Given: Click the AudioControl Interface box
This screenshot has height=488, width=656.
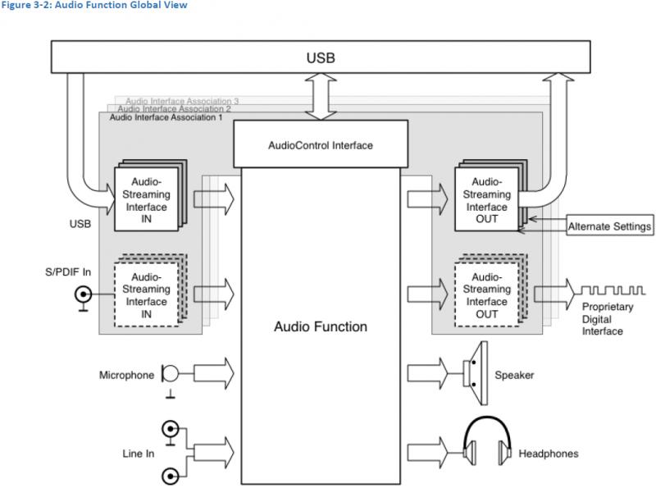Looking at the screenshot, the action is click(321, 144).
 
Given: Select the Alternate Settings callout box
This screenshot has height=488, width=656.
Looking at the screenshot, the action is click(609, 226).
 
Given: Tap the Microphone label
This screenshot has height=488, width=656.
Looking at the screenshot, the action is click(126, 375).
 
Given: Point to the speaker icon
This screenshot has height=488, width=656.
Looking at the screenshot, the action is click(476, 373).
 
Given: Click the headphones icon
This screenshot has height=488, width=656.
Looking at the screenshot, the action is click(487, 440).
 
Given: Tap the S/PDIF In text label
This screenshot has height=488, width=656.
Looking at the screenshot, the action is click(68, 272).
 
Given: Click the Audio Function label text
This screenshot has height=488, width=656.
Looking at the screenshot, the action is click(321, 326).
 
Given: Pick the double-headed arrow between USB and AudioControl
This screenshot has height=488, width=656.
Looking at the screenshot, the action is click(321, 97).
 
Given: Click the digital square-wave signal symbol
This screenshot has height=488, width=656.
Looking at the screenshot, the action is click(613, 290).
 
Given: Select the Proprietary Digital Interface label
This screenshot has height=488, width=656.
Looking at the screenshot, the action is click(608, 319).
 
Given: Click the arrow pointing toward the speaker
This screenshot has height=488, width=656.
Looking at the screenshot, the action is click(427, 373).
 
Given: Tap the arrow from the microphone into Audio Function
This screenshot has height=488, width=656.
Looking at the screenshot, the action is click(214, 373).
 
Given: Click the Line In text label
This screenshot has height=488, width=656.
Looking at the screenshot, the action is click(138, 454).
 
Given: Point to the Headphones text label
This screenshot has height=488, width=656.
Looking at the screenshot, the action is click(549, 454).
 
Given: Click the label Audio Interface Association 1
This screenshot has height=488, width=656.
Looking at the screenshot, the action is click(166, 117).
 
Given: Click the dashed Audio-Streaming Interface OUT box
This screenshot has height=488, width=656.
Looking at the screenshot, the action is click(486, 295).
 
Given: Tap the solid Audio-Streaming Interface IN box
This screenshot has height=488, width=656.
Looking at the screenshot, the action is click(147, 199).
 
